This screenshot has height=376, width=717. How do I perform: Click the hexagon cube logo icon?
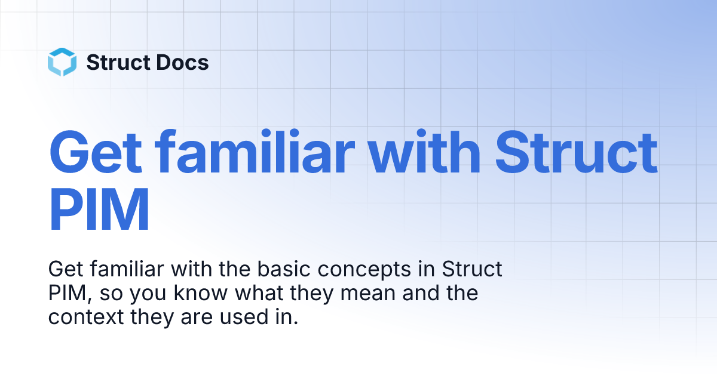(62, 63)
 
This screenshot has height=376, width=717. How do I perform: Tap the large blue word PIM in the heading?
(99, 209)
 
